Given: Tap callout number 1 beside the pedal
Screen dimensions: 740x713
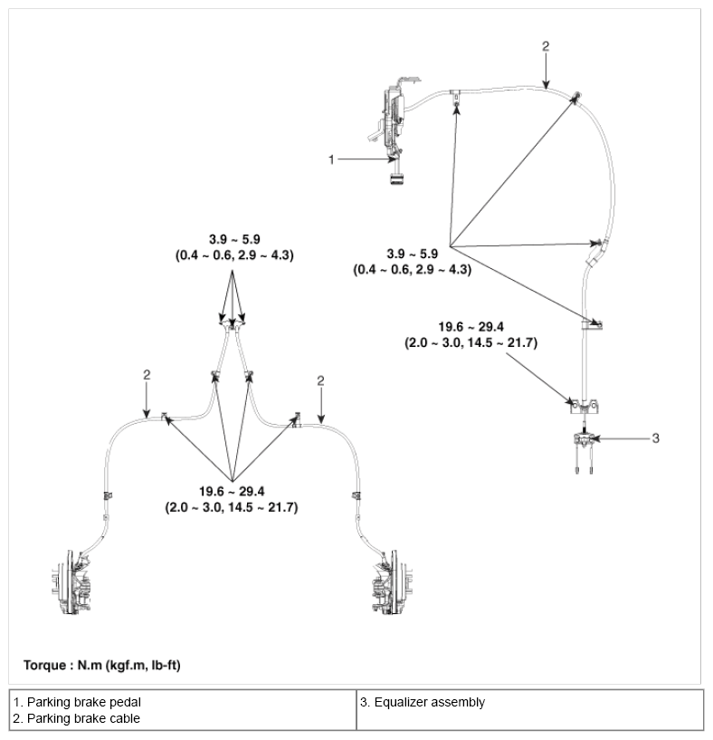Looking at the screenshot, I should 332,159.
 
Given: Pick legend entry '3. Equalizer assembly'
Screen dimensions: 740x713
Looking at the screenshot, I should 423,702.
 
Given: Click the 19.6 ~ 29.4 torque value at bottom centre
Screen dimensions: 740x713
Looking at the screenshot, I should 232,492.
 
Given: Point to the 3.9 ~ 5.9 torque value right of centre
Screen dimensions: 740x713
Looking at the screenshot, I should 413,255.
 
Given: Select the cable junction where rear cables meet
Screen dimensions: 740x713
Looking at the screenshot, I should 233,324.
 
